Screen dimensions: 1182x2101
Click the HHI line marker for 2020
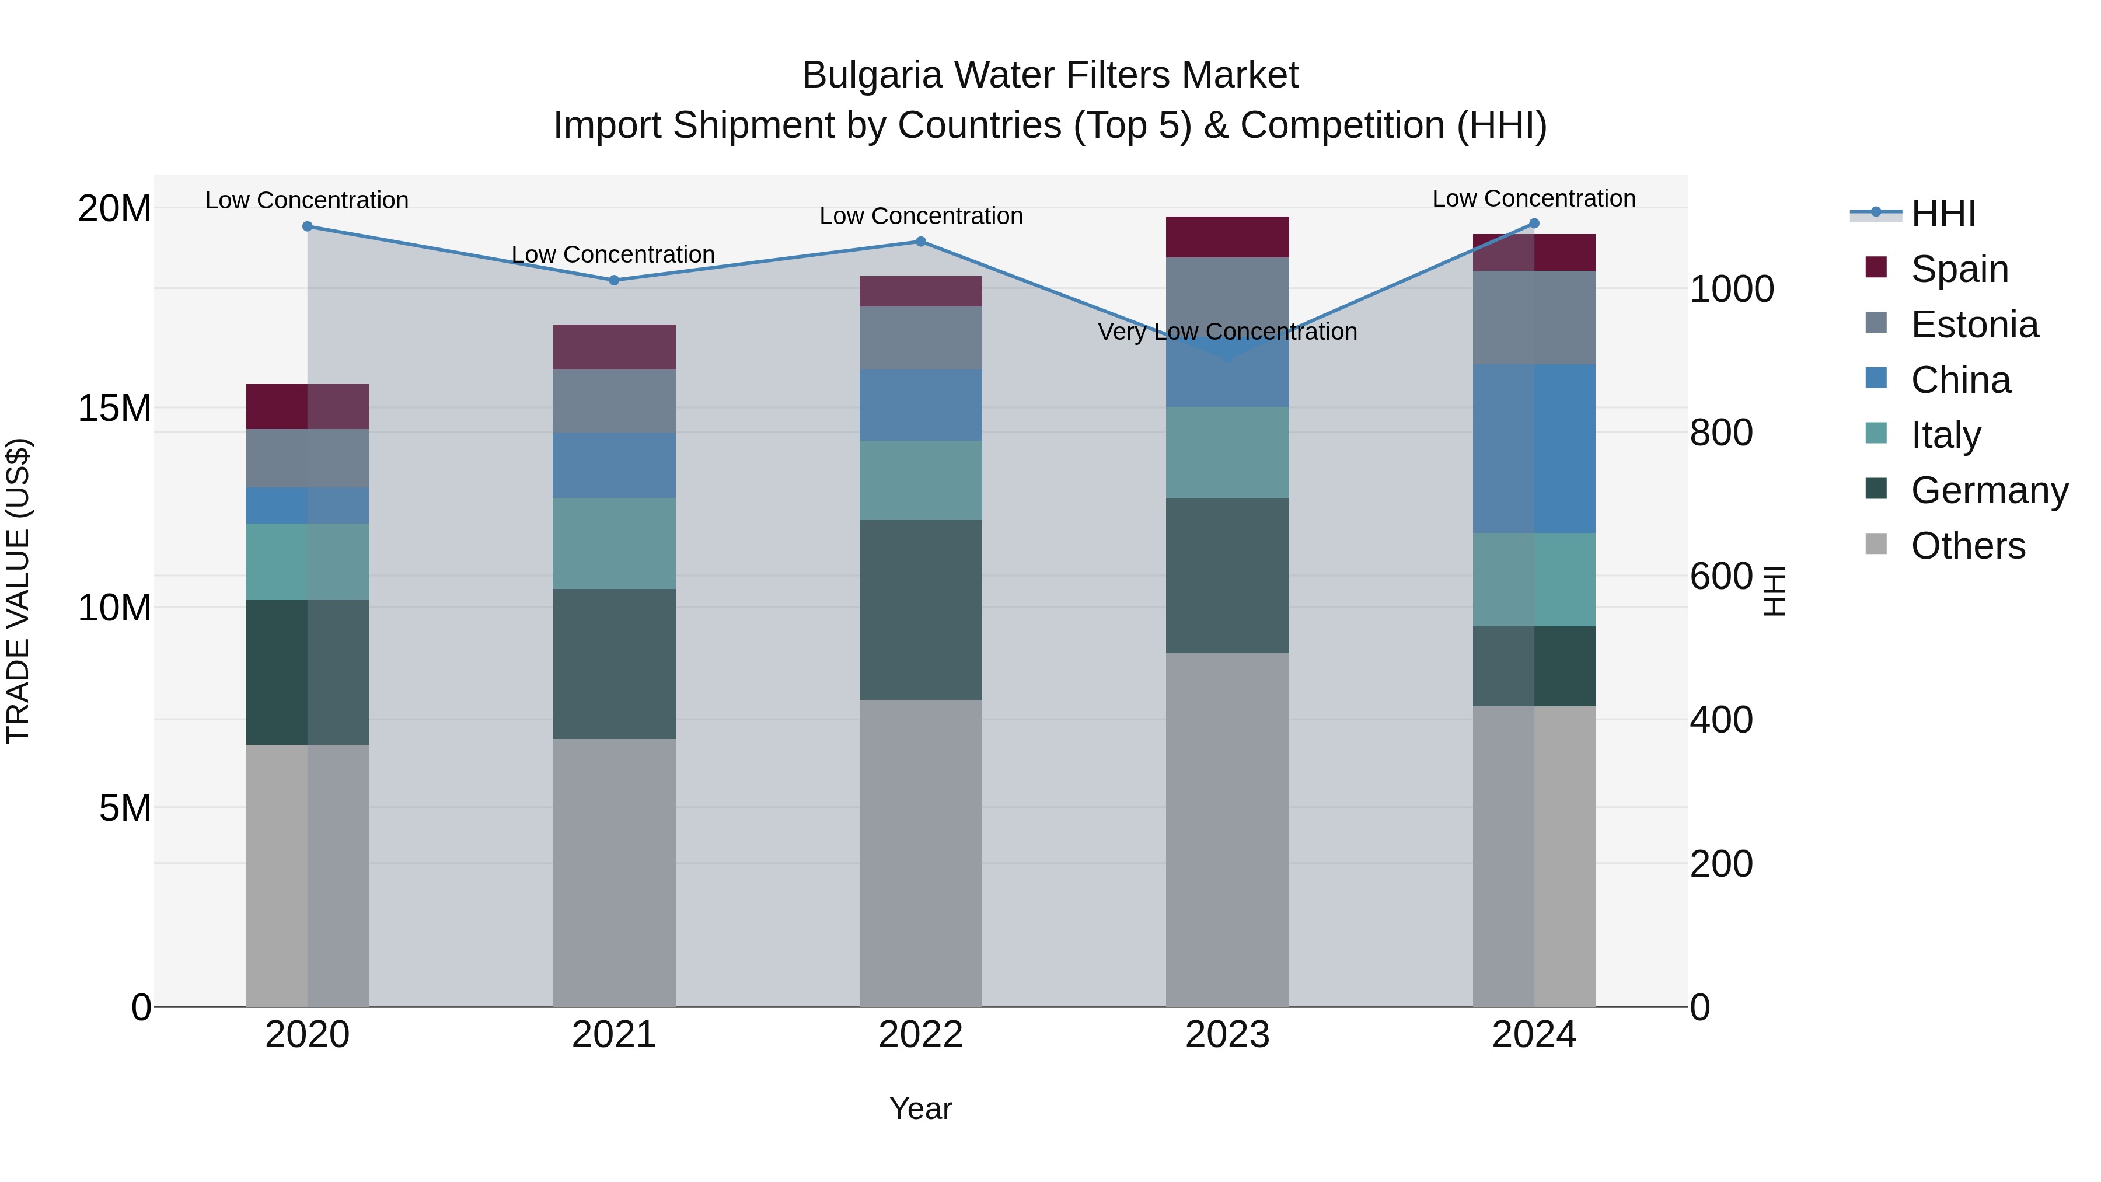pos(308,227)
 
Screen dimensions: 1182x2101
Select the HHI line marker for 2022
pos(921,242)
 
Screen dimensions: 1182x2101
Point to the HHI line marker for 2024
pos(1534,224)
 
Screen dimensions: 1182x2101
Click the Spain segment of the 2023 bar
pos(1227,238)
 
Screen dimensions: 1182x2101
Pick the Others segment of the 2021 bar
pos(614,872)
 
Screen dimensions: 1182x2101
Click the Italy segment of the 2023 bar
pos(1227,453)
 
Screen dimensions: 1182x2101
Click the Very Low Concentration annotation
pos(1227,332)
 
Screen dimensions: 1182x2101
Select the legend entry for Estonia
pos(1974,325)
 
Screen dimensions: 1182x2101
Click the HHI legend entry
pos(1943,214)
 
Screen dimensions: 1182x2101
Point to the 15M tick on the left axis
pos(114,408)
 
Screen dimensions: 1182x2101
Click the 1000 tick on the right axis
pos(1731,289)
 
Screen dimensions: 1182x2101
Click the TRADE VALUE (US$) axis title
pos(18,591)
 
